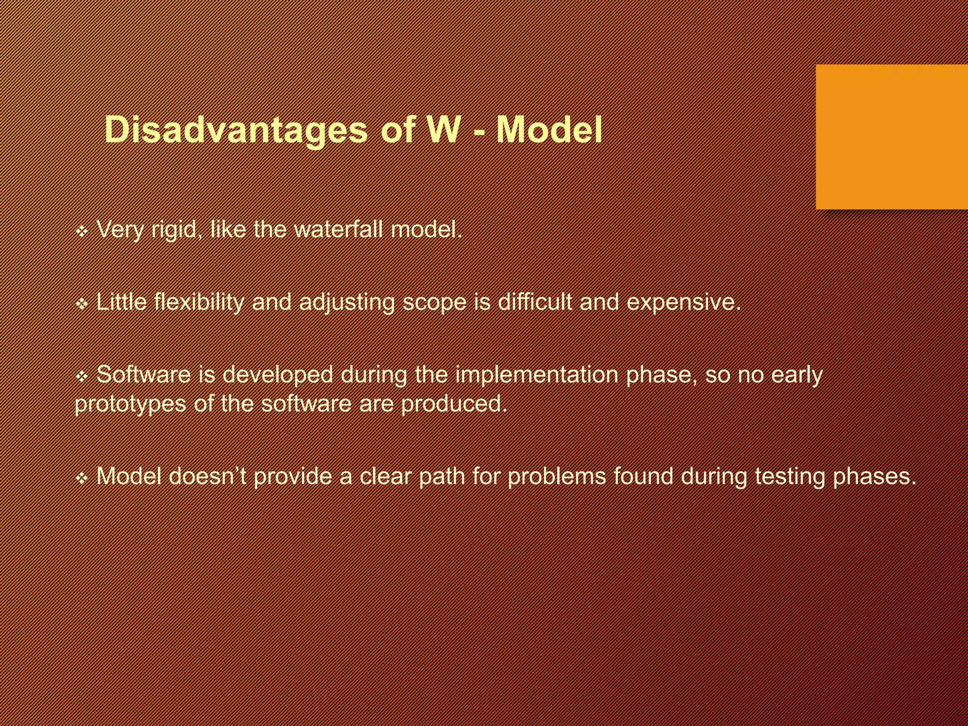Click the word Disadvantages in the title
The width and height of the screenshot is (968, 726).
[235, 130]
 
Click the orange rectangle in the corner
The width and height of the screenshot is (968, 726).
[891, 137]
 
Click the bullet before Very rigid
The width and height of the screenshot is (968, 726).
[82, 232]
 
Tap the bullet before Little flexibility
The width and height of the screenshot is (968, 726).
[82, 304]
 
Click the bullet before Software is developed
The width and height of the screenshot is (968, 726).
[82, 377]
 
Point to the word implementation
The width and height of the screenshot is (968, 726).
[536, 375]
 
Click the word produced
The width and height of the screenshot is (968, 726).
[453, 405]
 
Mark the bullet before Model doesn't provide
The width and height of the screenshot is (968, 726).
[82, 478]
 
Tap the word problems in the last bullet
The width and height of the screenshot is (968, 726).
[556, 477]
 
